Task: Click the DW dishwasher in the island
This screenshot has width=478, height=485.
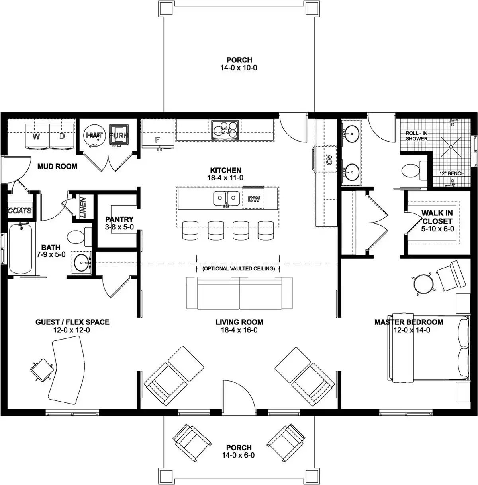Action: coord(254,199)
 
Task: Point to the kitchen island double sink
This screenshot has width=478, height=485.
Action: coord(226,198)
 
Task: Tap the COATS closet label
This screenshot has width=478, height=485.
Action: coord(20,211)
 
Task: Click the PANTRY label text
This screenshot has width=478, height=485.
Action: coord(119,219)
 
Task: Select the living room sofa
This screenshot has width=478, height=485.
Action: coord(239,293)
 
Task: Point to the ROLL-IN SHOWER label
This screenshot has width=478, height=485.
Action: coord(417,136)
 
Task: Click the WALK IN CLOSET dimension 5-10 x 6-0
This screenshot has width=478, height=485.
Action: coord(437,229)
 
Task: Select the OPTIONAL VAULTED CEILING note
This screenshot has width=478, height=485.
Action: coord(239,269)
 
